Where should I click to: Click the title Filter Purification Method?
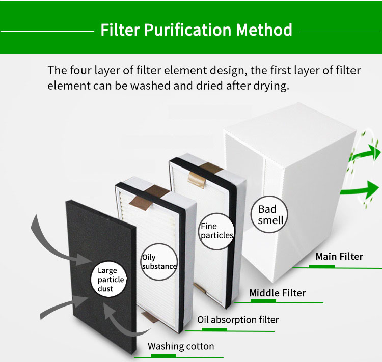point(196,30)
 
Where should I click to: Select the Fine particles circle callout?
point(216,231)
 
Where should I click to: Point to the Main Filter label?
point(339,256)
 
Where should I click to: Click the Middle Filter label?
point(277,293)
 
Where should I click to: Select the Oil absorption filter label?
point(238,320)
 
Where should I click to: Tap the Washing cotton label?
point(181,346)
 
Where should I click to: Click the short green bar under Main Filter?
point(322,265)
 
